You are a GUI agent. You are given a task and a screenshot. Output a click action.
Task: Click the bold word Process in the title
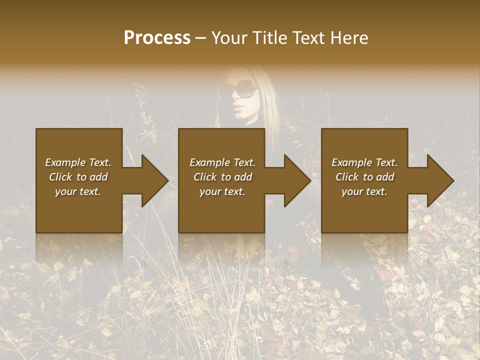[157, 38]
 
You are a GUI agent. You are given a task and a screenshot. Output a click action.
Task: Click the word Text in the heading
[308, 38]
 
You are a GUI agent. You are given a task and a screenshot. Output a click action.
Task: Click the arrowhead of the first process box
[153, 180]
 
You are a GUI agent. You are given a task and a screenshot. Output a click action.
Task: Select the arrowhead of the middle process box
[296, 180]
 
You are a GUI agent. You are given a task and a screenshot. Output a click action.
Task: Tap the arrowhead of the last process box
[439, 180]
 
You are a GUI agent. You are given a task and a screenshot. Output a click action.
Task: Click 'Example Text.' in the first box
[78, 162]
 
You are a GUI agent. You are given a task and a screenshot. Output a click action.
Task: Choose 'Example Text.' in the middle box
[222, 162]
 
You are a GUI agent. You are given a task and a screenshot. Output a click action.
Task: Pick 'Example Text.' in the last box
[364, 162]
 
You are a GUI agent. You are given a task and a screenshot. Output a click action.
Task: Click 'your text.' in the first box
[78, 191]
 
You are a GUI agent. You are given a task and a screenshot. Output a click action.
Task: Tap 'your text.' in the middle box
[222, 191]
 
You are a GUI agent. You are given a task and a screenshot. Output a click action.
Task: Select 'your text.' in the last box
[364, 191]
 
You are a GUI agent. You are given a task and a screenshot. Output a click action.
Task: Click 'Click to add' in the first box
[78, 177]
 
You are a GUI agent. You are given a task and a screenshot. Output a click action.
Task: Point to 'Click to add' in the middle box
[222, 177]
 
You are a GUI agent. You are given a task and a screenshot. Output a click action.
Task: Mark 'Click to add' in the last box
[364, 177]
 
